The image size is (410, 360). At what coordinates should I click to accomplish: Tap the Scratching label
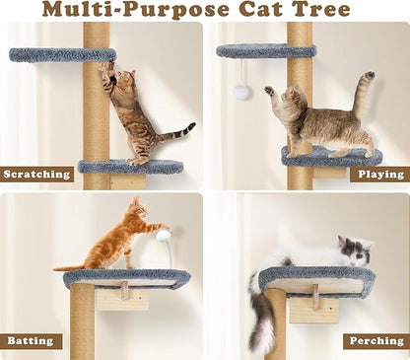pyautogui.click(x=37, y=175)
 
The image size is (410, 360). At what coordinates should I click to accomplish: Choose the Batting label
pyautogui.click(x=31, y=341)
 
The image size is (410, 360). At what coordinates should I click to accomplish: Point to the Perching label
pyautogui.click(x=376, y=341)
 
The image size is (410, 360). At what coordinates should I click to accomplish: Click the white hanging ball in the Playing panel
pyautogui.click(x=239, y=92)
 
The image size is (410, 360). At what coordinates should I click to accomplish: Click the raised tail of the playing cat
pyautogui.click(x=363, y=94)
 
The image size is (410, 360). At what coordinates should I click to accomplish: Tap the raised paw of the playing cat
pyautogui.click(x=269, y=91)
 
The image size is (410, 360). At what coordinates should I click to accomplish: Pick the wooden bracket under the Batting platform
pyautogui.click(x=123, y=297)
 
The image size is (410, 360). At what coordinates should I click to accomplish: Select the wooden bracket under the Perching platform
pyautogui.click(x=313, y=304)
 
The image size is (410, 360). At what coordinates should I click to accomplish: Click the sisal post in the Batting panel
pyautogui.click(x=84, y=325)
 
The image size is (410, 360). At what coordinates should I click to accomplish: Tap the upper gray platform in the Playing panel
pyautogui.click(x=267, y=50)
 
